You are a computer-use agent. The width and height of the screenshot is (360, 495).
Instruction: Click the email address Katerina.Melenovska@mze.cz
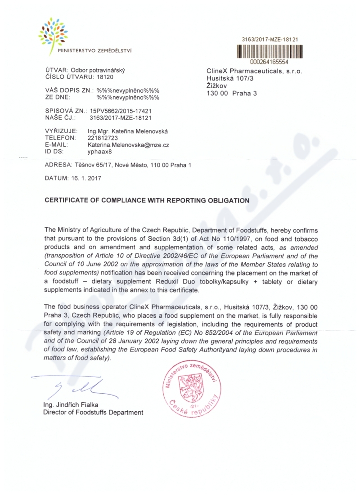(x=128, y=145)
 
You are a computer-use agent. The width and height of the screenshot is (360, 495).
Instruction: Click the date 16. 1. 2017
(x=85, y=178)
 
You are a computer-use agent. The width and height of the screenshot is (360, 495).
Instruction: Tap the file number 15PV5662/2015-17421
(x=120, y=110)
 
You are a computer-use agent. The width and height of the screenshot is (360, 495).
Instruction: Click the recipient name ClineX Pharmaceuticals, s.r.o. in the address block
(x=254, y=71)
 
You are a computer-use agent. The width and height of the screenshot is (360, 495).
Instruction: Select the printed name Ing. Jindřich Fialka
(x=71, y=405)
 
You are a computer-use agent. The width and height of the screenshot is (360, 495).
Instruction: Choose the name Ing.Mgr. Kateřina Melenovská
(x=128, y=131)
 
